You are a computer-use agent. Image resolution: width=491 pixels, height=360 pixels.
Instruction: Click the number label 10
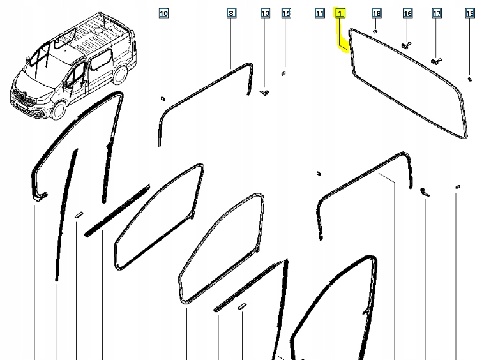click(163, 13)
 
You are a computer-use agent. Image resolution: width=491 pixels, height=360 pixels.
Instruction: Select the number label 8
click(230, 13)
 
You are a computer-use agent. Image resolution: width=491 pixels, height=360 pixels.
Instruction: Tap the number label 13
click(265, 13)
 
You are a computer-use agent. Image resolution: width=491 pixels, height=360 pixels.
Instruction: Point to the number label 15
click(285, 13)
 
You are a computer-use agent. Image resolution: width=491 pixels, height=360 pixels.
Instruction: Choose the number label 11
click(319, 13)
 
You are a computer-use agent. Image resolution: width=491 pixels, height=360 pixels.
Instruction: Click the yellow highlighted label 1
click(341, 13)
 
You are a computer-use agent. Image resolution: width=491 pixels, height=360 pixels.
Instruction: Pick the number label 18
click(376, 13)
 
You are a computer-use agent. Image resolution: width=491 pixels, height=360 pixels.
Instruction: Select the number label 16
click(407, 13)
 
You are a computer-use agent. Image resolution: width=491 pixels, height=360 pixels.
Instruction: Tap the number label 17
click(437, 13)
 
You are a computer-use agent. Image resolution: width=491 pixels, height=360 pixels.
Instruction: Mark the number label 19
click(470, 13)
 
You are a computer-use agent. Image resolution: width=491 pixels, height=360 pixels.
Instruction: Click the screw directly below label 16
click(406, 45)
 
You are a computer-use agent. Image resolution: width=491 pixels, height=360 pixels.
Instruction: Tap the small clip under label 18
click(376, 30)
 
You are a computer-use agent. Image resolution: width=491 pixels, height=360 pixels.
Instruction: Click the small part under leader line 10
click(163, 98)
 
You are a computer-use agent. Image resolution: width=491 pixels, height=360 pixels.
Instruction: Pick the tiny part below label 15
click(285, 72)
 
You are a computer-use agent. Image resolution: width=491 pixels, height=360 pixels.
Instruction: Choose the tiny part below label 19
click(470, 79)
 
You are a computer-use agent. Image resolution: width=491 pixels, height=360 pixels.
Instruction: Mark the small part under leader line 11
click(319, 172)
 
